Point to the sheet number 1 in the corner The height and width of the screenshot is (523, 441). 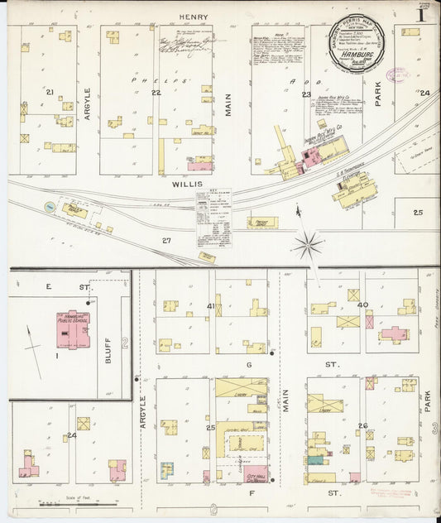click(x=422, y=13)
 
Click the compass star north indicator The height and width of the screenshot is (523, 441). click(x=308, y=244)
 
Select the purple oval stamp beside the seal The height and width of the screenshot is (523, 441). click(x=398, y=75)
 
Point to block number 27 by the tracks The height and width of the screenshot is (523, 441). click(x=166, y=241)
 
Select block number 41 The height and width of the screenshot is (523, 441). click(x=211, y=307)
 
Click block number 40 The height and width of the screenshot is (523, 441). click(x=362, y=305)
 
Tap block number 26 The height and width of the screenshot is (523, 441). click(x=362, y=425)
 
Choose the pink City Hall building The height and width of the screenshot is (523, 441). click(x=255, y=474)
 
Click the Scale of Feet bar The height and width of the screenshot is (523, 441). click(x=79, y=503)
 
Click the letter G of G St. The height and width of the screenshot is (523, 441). click(x=247, y=363)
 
